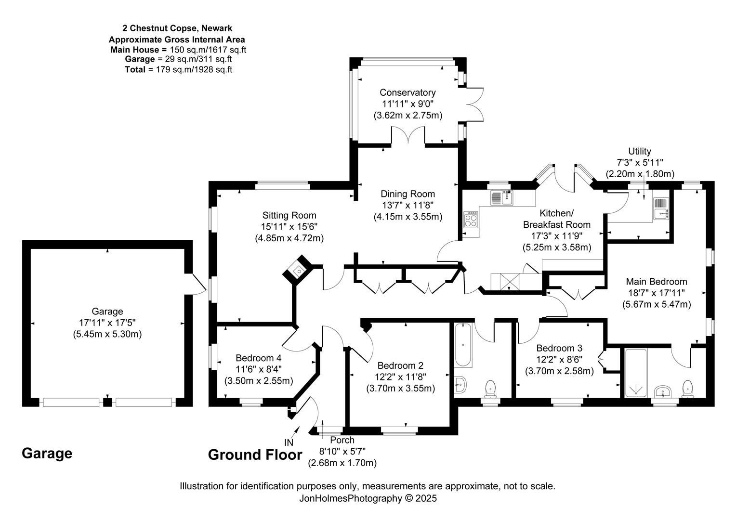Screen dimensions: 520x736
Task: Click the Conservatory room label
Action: click(x=407, y=92)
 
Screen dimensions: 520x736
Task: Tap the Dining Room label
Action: click(x=407, y=194)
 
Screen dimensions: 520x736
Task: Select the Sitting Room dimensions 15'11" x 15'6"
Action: click(x=289, y=226)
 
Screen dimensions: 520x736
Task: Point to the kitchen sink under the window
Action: click(x=502, y=197)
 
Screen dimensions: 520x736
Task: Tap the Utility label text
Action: click(x=639, y=152)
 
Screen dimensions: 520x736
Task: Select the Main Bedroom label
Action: click(x=656, y=282)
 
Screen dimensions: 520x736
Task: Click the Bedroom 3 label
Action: click(x=559, y=348)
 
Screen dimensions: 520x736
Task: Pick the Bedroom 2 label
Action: click(x=400, y=365)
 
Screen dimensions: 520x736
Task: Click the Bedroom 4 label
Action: click(x=258, y=358)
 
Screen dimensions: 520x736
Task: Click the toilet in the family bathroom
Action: click(x=491, y=387)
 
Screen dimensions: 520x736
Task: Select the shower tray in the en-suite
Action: click(x=636, y=374)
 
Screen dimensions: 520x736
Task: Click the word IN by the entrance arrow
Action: click(x=289, y=442)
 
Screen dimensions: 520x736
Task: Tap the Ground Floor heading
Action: click(x=255, y=455)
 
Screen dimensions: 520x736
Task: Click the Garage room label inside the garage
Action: click(x=107, y=312)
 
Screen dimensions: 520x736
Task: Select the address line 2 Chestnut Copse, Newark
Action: click(x=177, y=29)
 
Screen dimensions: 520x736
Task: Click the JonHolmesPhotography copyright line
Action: click(x=368, y=499)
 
